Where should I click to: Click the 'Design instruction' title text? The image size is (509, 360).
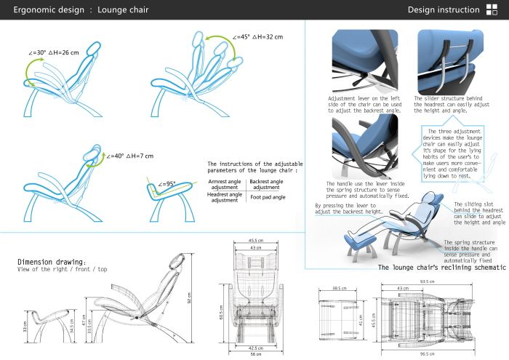[442, 10]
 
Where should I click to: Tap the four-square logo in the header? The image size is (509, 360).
[492, 10]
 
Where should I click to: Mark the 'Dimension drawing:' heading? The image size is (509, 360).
[52, 262]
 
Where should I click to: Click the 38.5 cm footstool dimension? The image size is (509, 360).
[337, 289]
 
